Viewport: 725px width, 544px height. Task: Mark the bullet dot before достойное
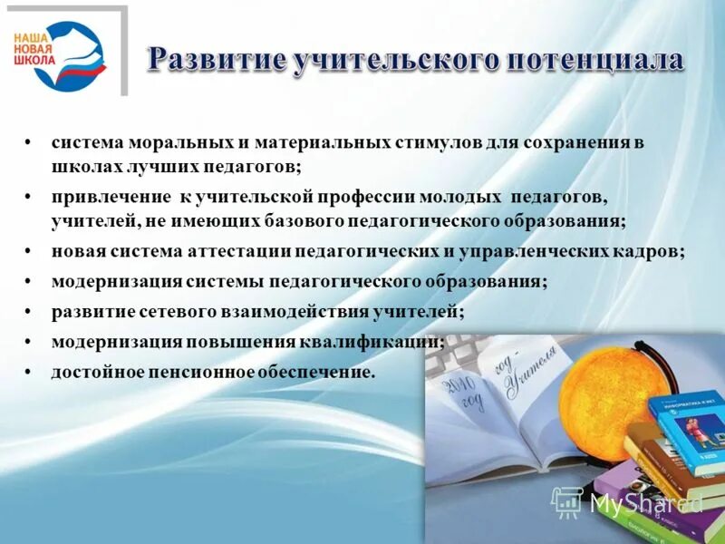(x=29, y=372)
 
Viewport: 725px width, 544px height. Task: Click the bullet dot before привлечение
(x=29, y=197)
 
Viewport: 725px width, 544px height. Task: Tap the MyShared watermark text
(x=646, y=502)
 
